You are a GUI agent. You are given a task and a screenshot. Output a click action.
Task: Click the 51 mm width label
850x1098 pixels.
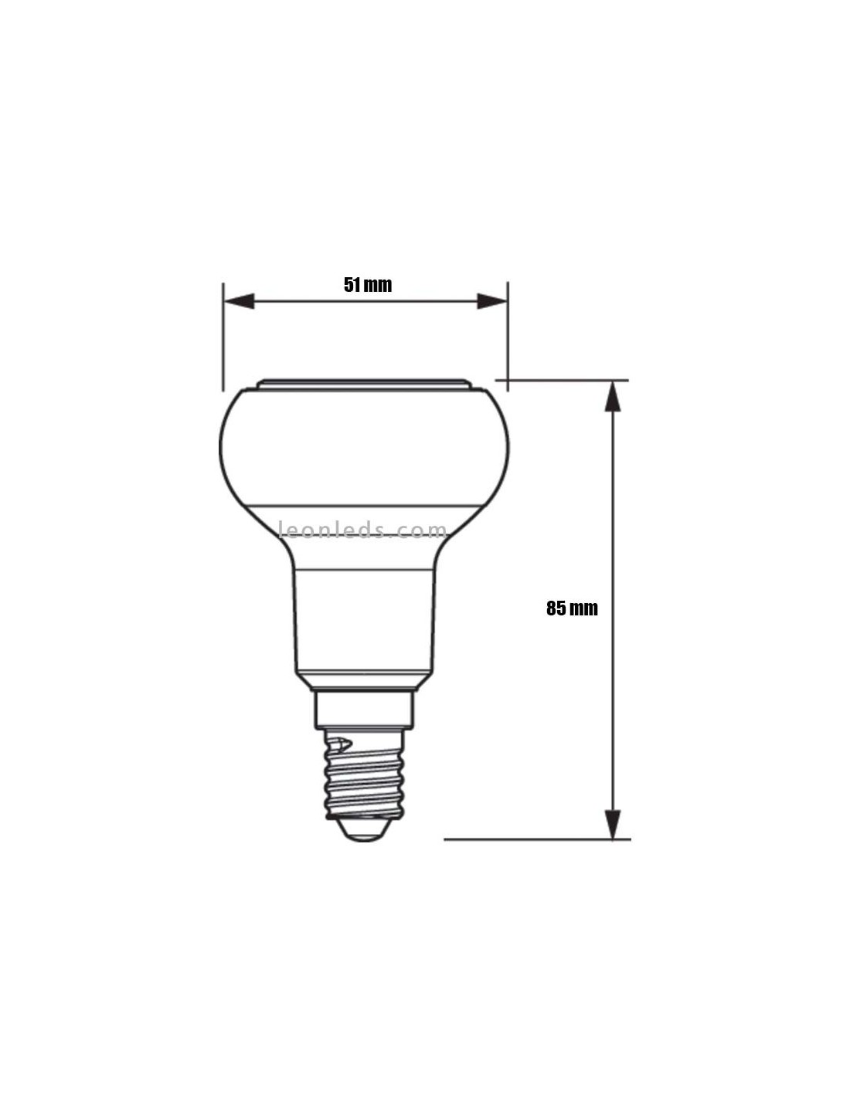(368, 285)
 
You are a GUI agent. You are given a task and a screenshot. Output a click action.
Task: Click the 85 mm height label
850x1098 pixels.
(572, 608)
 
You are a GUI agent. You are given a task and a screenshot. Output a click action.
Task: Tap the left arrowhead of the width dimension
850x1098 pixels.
(240, 301)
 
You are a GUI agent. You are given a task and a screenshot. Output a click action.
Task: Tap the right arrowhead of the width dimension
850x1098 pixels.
(492, 301)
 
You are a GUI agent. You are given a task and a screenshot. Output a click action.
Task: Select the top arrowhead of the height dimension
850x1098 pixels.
(613, 397)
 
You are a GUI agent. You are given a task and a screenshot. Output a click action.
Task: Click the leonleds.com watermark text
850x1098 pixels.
(363, 530)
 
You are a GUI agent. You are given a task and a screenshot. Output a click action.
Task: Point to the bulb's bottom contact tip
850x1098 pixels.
(365, 830)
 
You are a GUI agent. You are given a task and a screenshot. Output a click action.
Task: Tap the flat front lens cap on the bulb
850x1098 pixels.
(364, 385)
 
